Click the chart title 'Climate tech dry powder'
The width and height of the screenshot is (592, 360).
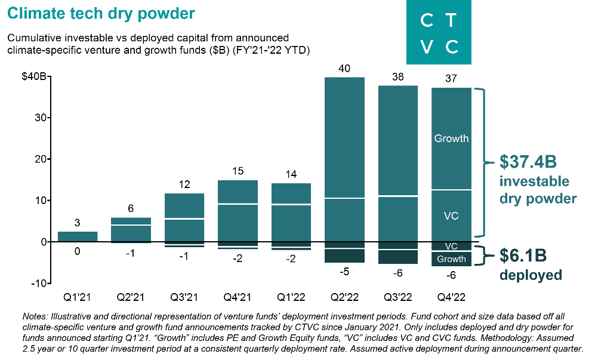click(101, 13)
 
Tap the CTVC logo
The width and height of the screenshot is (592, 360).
click(439, 33)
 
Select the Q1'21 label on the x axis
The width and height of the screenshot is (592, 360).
click(77, 297)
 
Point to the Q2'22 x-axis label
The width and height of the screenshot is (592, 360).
click(345, 297)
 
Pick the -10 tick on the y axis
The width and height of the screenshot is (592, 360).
click(39, 283)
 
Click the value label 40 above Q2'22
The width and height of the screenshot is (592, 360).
click(344, 69)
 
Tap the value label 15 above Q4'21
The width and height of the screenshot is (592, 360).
click(238, 171)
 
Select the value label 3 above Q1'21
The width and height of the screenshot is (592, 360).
click(78, 223)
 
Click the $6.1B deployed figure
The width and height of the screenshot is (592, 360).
click(523, 256)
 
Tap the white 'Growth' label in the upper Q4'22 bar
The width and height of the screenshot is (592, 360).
click(451, 139)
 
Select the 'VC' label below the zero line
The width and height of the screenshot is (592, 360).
click(451, 246)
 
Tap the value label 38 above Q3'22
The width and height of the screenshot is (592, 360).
click(398, 77)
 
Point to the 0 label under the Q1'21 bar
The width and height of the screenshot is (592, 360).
click(78, 251)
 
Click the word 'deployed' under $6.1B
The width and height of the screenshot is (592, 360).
click(531, 275)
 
